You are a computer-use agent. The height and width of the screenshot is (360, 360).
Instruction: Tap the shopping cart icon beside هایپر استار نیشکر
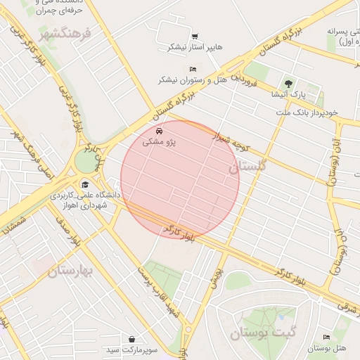point(194,37)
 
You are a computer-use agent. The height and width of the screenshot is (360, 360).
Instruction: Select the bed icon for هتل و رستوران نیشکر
point(193,69)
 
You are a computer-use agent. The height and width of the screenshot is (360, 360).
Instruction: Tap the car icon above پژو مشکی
point(160,131)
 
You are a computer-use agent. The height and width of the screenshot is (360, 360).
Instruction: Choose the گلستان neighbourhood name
point(247,167)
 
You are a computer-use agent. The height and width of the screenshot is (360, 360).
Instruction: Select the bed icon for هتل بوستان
point(326,338)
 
